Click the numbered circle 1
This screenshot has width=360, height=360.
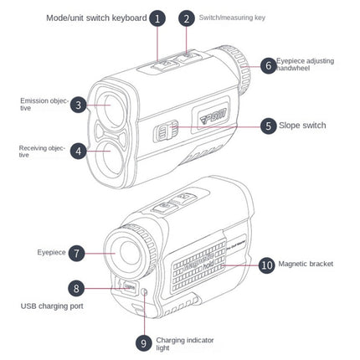pyautogui.click(x=157, y=18)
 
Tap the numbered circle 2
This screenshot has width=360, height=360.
pyautogui.click(x=185, y=18)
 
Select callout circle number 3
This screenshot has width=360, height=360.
pyautogui.click(x=78, y=105)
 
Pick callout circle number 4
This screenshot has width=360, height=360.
pyautogui.click(x=78, y=152)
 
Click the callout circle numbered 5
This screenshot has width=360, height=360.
pyautogui.click(x=268, y=126)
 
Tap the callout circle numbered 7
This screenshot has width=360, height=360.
pyautogui.click(x=75, y=251)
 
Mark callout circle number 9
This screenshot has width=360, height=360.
pyautogui.click(x=142, y=342)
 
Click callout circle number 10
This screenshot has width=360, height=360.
pyautogui.click(x=266, y=264)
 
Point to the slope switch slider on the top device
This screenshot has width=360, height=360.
pyautogui.click(x=167, y=131)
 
